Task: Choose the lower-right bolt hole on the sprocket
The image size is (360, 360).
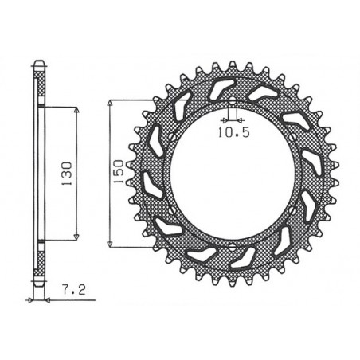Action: [292, 208]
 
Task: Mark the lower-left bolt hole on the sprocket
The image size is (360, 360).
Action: [170, 208]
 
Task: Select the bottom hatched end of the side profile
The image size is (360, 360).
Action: [38, 280]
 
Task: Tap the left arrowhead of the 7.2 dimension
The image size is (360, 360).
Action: [31, 299]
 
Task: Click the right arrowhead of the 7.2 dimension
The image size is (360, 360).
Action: [45, 299]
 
